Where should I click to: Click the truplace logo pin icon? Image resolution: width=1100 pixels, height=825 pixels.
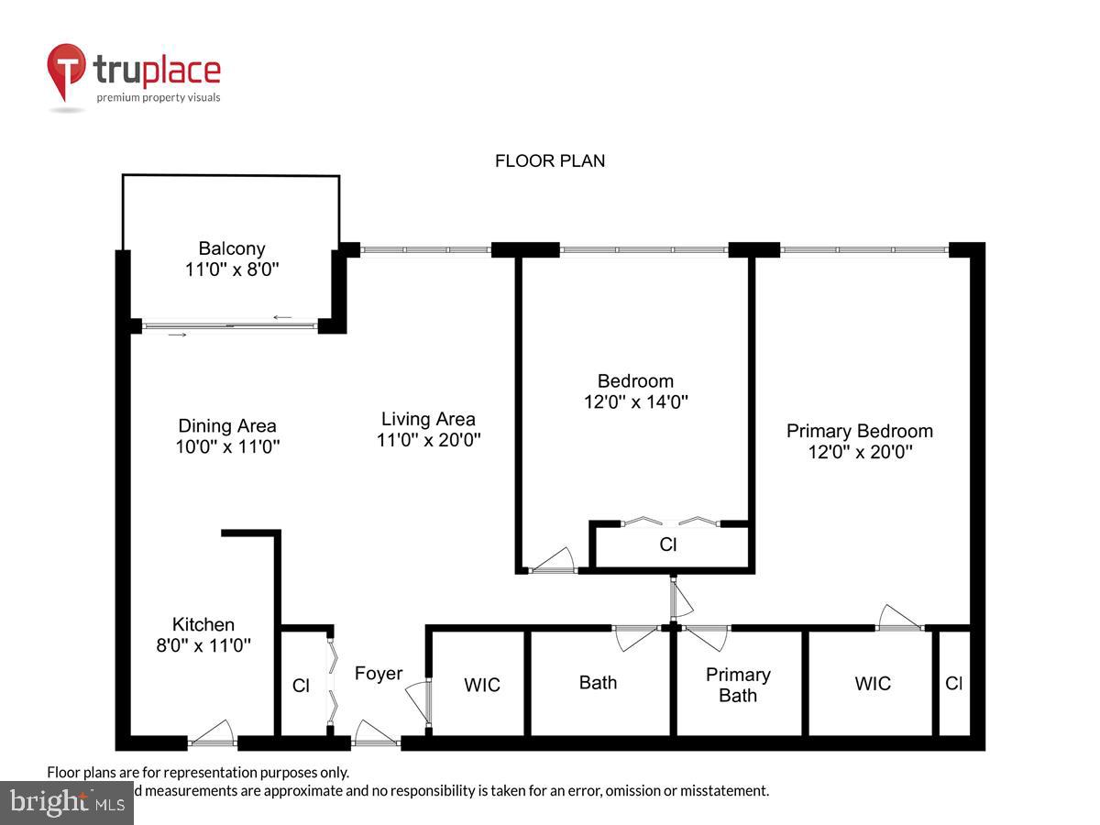point(66,71)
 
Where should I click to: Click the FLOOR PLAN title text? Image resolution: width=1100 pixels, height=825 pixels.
point(550,161)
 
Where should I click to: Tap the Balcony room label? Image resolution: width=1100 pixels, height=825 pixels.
point(232,248)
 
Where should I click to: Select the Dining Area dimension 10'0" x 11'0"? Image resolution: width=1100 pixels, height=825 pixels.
point(227,447)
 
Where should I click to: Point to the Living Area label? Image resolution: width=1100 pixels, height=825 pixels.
point(428,419)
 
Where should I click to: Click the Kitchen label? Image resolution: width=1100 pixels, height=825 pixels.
point(203,624)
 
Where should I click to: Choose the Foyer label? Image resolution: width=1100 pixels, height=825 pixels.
point(379,674)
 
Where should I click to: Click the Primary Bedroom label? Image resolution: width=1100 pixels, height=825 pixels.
point(859,431)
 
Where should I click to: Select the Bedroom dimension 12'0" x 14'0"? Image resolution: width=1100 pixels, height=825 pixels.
point(635,401)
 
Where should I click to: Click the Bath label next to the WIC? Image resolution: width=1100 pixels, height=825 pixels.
point(598,683)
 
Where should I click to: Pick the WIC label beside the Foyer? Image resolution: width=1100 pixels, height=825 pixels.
point(482,685)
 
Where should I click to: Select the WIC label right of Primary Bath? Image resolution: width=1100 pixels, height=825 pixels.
point(872,684)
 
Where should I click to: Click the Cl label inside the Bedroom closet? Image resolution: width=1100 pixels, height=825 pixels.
point(668,544)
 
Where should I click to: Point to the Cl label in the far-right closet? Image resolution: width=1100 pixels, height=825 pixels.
point(953,684)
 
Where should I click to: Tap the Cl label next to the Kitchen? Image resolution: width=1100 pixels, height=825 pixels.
point(301,685)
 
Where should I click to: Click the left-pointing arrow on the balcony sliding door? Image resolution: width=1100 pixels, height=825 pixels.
point(282,318)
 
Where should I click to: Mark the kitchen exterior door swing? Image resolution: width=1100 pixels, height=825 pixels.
point(214,731)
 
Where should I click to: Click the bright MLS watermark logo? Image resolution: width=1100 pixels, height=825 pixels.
point(66,802)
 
